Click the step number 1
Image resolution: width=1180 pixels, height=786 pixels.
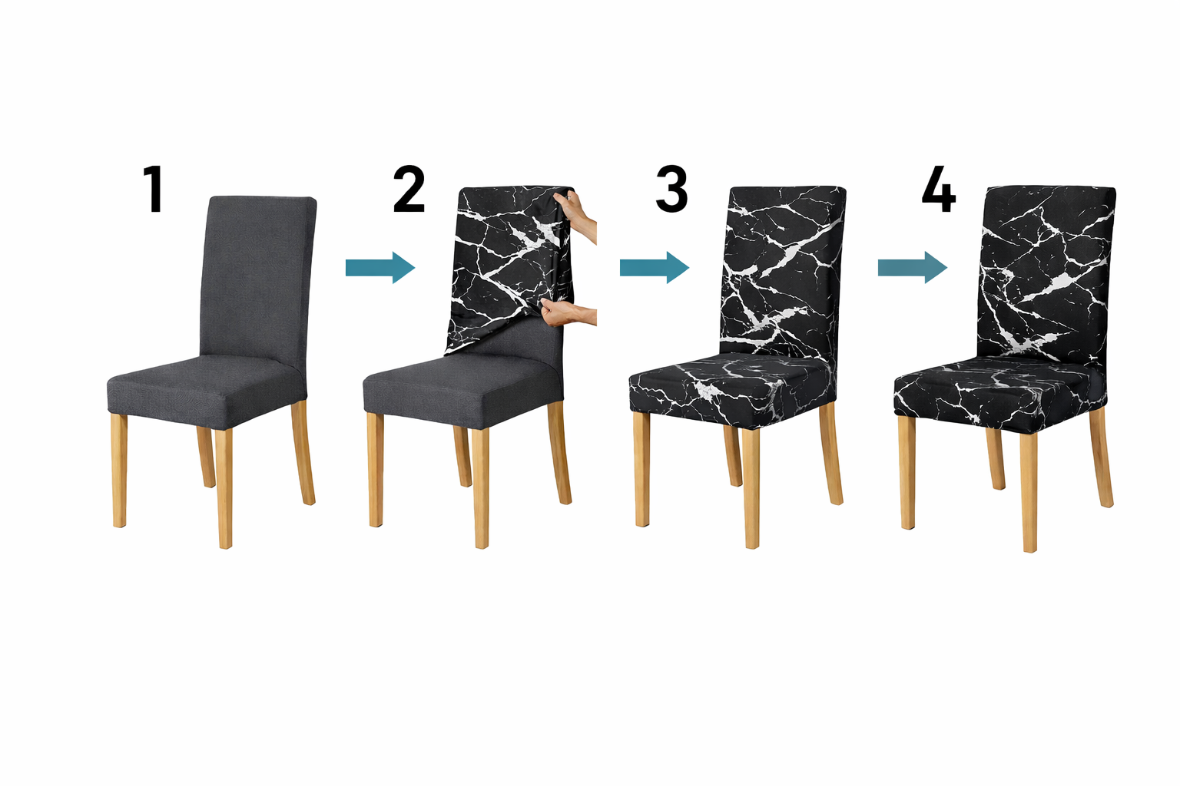point(154,189)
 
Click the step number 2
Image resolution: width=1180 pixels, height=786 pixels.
point(409,189)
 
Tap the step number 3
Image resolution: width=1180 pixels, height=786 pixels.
point(671,189)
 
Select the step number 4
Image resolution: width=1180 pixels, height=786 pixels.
point(938,189)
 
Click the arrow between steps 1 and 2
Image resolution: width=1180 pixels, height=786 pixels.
point(380,267)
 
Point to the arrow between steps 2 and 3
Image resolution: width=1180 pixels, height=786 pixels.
point(655,267)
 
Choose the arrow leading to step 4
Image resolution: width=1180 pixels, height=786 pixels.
point(913,267)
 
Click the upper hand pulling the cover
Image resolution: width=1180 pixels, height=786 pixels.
point(577,216)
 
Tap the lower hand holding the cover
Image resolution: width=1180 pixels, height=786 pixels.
point(569,313)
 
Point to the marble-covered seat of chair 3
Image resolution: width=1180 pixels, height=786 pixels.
point(732,390)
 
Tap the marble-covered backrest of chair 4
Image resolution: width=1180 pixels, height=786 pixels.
point(1046,274)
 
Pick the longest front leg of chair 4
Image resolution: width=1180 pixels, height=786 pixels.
point(1029,492)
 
